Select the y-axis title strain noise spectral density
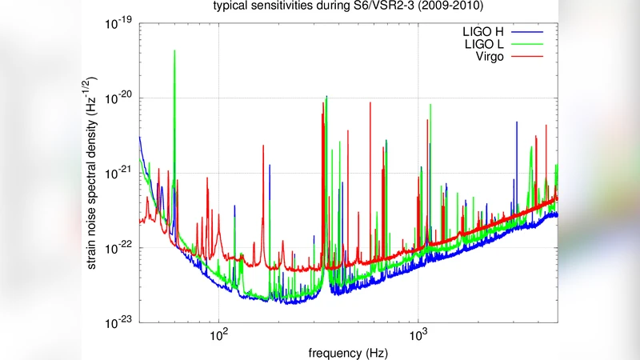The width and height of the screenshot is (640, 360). click(x=94, y=173)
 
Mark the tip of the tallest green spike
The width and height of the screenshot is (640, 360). click(x=174, y=50)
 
